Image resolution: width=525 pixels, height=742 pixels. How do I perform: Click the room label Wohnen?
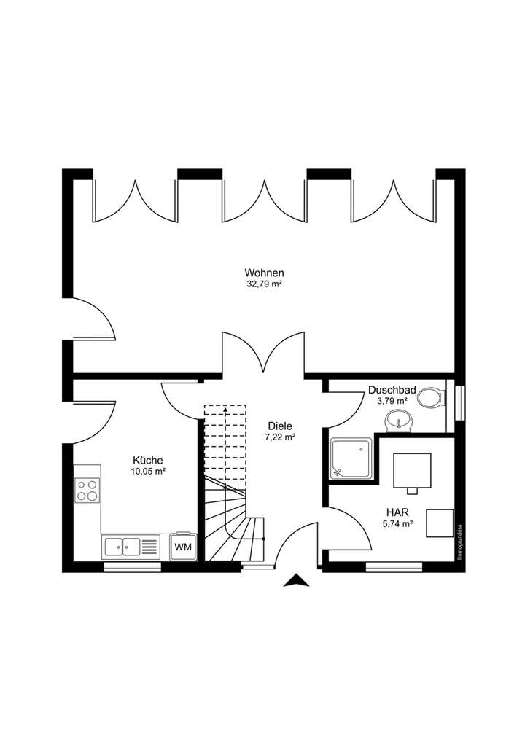pyautogui.click(x=264, y=273)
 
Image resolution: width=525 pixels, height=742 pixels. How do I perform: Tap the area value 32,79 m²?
pyautogui.click(x=264, y=284)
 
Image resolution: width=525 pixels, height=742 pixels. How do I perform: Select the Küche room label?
pyautogui.click(x=147, y=460)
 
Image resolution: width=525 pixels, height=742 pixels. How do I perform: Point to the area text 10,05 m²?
pyautogui.click(x=147, y=472)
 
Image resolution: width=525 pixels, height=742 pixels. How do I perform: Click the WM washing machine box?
pyautogui.click(x=182, y=546)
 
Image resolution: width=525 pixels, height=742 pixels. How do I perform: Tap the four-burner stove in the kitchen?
pyautogui.click(x=87, y=490)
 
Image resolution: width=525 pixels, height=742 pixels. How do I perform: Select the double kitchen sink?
pyautogui.click(x=122, y=546)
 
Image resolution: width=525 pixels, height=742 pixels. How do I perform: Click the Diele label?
pyautogui.click(x=280, y=426)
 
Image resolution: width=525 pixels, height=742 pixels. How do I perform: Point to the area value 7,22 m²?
pyautogui.click(x=280, y=437)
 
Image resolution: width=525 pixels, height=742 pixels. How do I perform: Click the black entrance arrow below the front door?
pyautogui.click(x=295, y=580)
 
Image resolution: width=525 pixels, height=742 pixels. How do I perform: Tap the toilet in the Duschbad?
pyautogui.click(x=430, y=398)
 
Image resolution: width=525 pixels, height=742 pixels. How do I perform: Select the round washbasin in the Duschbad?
pyautogui.click(x=398, y=420)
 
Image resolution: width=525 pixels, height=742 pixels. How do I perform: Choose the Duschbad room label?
pyautogui.click(x=392, y=390)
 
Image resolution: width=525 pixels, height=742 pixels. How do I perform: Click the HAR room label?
pyautogui.click(x=397, y=512)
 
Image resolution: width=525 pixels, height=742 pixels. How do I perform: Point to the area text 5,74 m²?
pyautogui.click(x=397, y=523)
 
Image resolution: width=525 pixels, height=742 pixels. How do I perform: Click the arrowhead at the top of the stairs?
pyautogui.click(x=225, y=410)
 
